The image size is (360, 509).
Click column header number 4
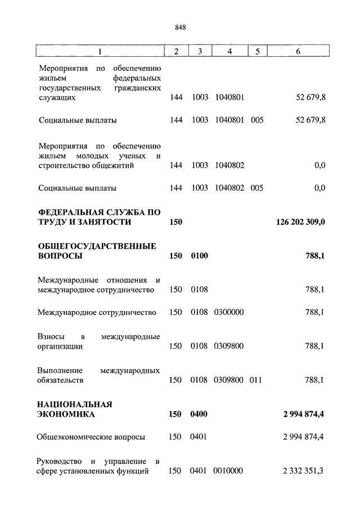(229, 51)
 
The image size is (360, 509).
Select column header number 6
(298, 51)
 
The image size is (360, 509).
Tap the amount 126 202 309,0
(300, 222)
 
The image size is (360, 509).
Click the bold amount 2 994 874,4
(304, 415)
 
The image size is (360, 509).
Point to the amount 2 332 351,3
(304, 471)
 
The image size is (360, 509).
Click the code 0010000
(228, 471)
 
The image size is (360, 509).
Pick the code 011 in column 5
(256, 380)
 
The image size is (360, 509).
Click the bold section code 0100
(199, 256)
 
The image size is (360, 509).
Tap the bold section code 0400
(199, 415)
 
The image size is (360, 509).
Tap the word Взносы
(51, 336)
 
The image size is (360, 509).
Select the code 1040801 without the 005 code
(229, 97)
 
